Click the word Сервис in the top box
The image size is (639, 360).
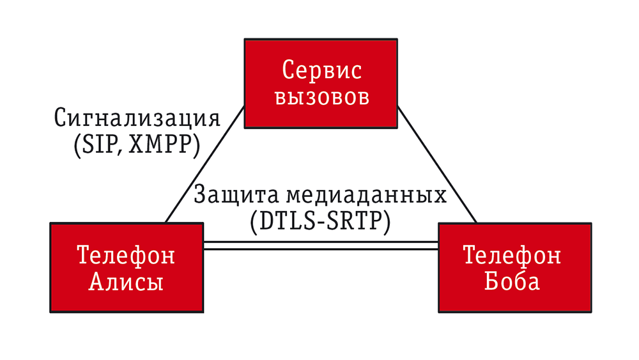pyautogui.click(x=321, y=70)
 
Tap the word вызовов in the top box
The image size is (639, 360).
pyautogui.click(x=322, y=97)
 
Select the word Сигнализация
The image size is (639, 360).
pyautogui.click(x=137, y=118)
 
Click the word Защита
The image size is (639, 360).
pyautogui.click(x=236, y=194)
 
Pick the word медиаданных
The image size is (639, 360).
pyautogui.click(x=366, y=195)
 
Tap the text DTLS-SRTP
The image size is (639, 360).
pyautogui.click(x=320, y=221)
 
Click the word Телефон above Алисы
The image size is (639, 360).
pyautogui.click(x=126, y=254)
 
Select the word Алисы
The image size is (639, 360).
pyautogui.click(x=126, y=281)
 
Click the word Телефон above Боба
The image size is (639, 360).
pyautogui.click(x=512, y=254)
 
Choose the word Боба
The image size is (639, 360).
pyautogui.click(x=512, y=281)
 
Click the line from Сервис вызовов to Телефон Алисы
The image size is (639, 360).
pyautogui.click(x=205, y=165)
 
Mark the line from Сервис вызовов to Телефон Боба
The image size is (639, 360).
pyautogui.click(x=437, y=165)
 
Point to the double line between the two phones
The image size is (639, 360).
pyautogui.click(x=321, y=245)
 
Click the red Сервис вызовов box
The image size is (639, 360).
pyautogui.click(x=321, y=84)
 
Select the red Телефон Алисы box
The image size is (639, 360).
pyautogui.click(x=127, y=268)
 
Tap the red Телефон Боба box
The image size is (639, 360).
pyautogui.click(x=514, y=268)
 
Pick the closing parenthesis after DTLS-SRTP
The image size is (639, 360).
pyautogui.click(x=387, y=222)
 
